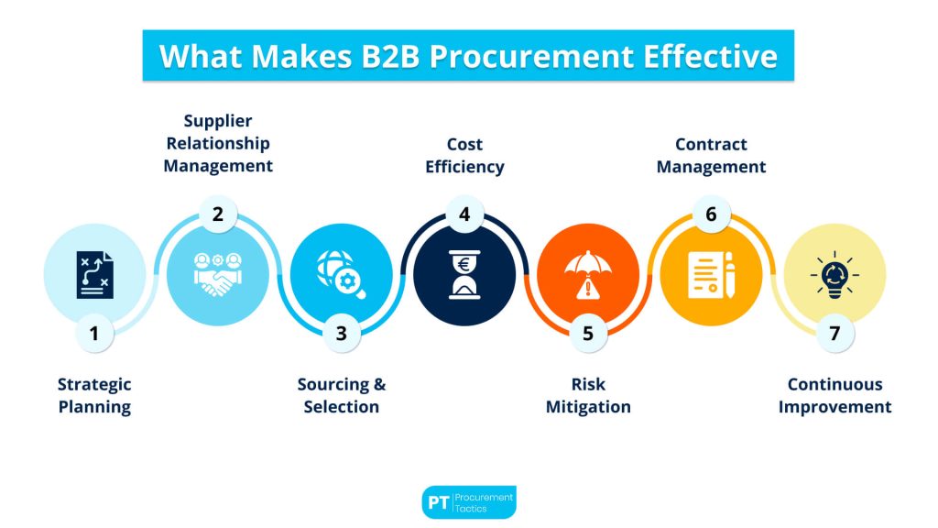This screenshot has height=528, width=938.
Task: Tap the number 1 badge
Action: click(x=94, y=334)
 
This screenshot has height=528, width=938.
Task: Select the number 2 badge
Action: click(x=218, y=215)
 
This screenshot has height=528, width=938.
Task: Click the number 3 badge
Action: click(x=341, y=334)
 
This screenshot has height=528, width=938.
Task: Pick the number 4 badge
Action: click(x=464, y=215)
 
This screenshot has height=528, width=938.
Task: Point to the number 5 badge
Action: click(x=587, y=334)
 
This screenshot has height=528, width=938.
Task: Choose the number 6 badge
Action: click(x=711, y=215)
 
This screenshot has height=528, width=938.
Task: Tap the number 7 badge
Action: click(x=834, y=334)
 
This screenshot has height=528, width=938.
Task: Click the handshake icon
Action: click(x=218, y=274)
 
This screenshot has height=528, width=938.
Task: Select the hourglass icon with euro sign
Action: click(x=464, y=274)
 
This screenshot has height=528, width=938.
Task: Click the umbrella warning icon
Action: click(x=587, y=274)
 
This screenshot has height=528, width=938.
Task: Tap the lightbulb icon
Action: click(x=834, y=274)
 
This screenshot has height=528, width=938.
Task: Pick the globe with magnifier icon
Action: click(x=341, y=274)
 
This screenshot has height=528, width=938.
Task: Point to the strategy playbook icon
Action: click(x=94, y=274)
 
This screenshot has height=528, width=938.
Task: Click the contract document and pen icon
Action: click(x=711, y=274)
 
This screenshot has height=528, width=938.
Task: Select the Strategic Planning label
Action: click(x=94, y=396)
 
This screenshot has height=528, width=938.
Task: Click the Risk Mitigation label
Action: click(x=587, y=396)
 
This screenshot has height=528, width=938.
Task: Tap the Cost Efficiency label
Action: click(x=464, y=156)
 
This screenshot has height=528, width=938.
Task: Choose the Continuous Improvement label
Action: click(x=834, y=396)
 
